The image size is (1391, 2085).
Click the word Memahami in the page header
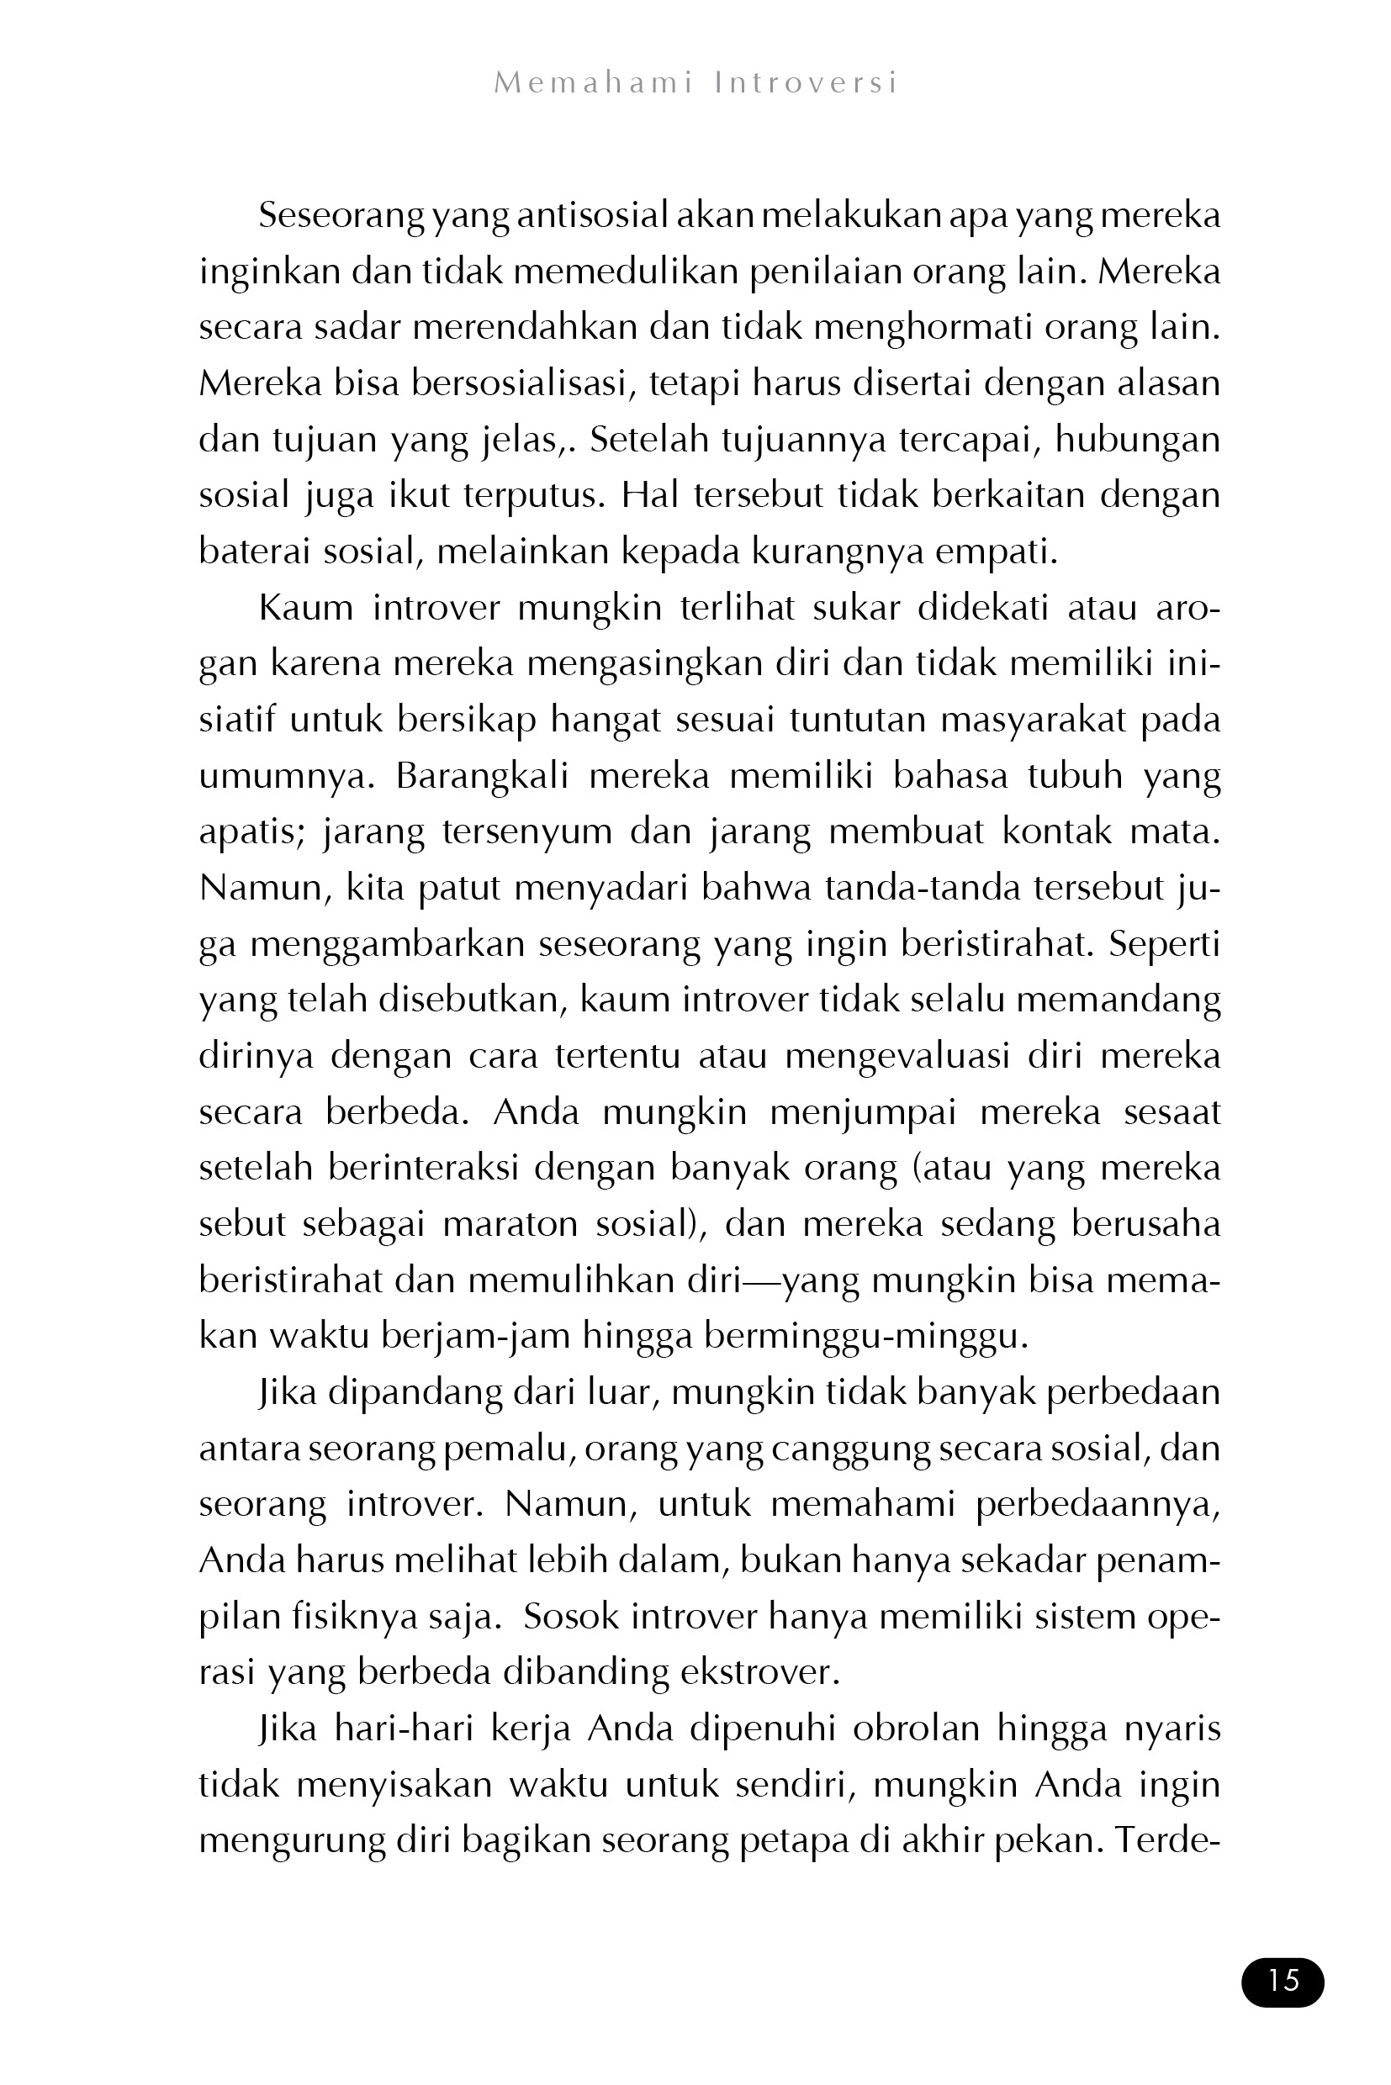593,83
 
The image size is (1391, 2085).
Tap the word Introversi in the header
807,83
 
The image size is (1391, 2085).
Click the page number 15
1283,1981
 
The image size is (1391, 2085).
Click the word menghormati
923,327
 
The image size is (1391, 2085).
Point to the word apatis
252,831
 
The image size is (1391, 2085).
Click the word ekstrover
759,1671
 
